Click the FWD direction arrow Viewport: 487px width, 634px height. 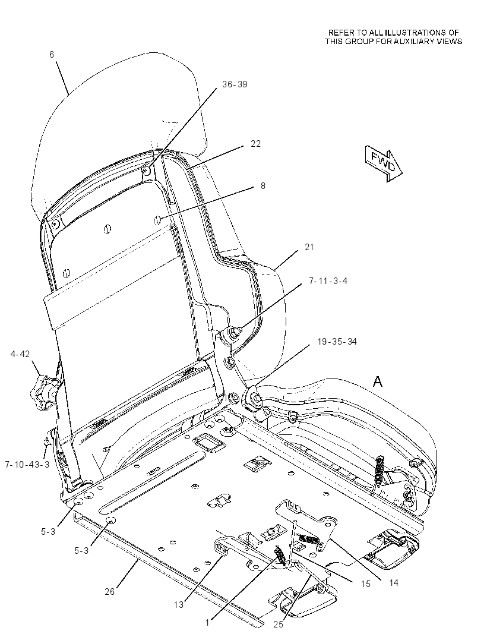(383, 163)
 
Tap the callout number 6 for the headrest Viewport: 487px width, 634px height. (52, 54)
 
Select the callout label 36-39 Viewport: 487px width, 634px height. (235, 84)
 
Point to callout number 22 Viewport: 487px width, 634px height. (255, 144)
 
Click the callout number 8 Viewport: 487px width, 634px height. (263, 186)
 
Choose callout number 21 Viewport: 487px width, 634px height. (309, 247)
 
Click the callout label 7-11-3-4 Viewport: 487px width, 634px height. (328, 280)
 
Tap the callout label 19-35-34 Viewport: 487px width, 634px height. (337, 342)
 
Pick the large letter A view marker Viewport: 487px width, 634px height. (378, 381)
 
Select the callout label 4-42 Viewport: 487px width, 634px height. (20, 354)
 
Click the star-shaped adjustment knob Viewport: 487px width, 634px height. (43, 389)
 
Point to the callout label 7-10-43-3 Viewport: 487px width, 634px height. (27, 465)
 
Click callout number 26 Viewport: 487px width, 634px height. (109, 592)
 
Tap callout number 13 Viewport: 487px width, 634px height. (179, 605)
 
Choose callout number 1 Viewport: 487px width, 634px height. (207, 622)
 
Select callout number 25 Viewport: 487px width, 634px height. (278, 624)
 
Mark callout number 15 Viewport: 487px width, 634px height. (365, 584)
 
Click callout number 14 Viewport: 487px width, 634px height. (394, 583)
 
